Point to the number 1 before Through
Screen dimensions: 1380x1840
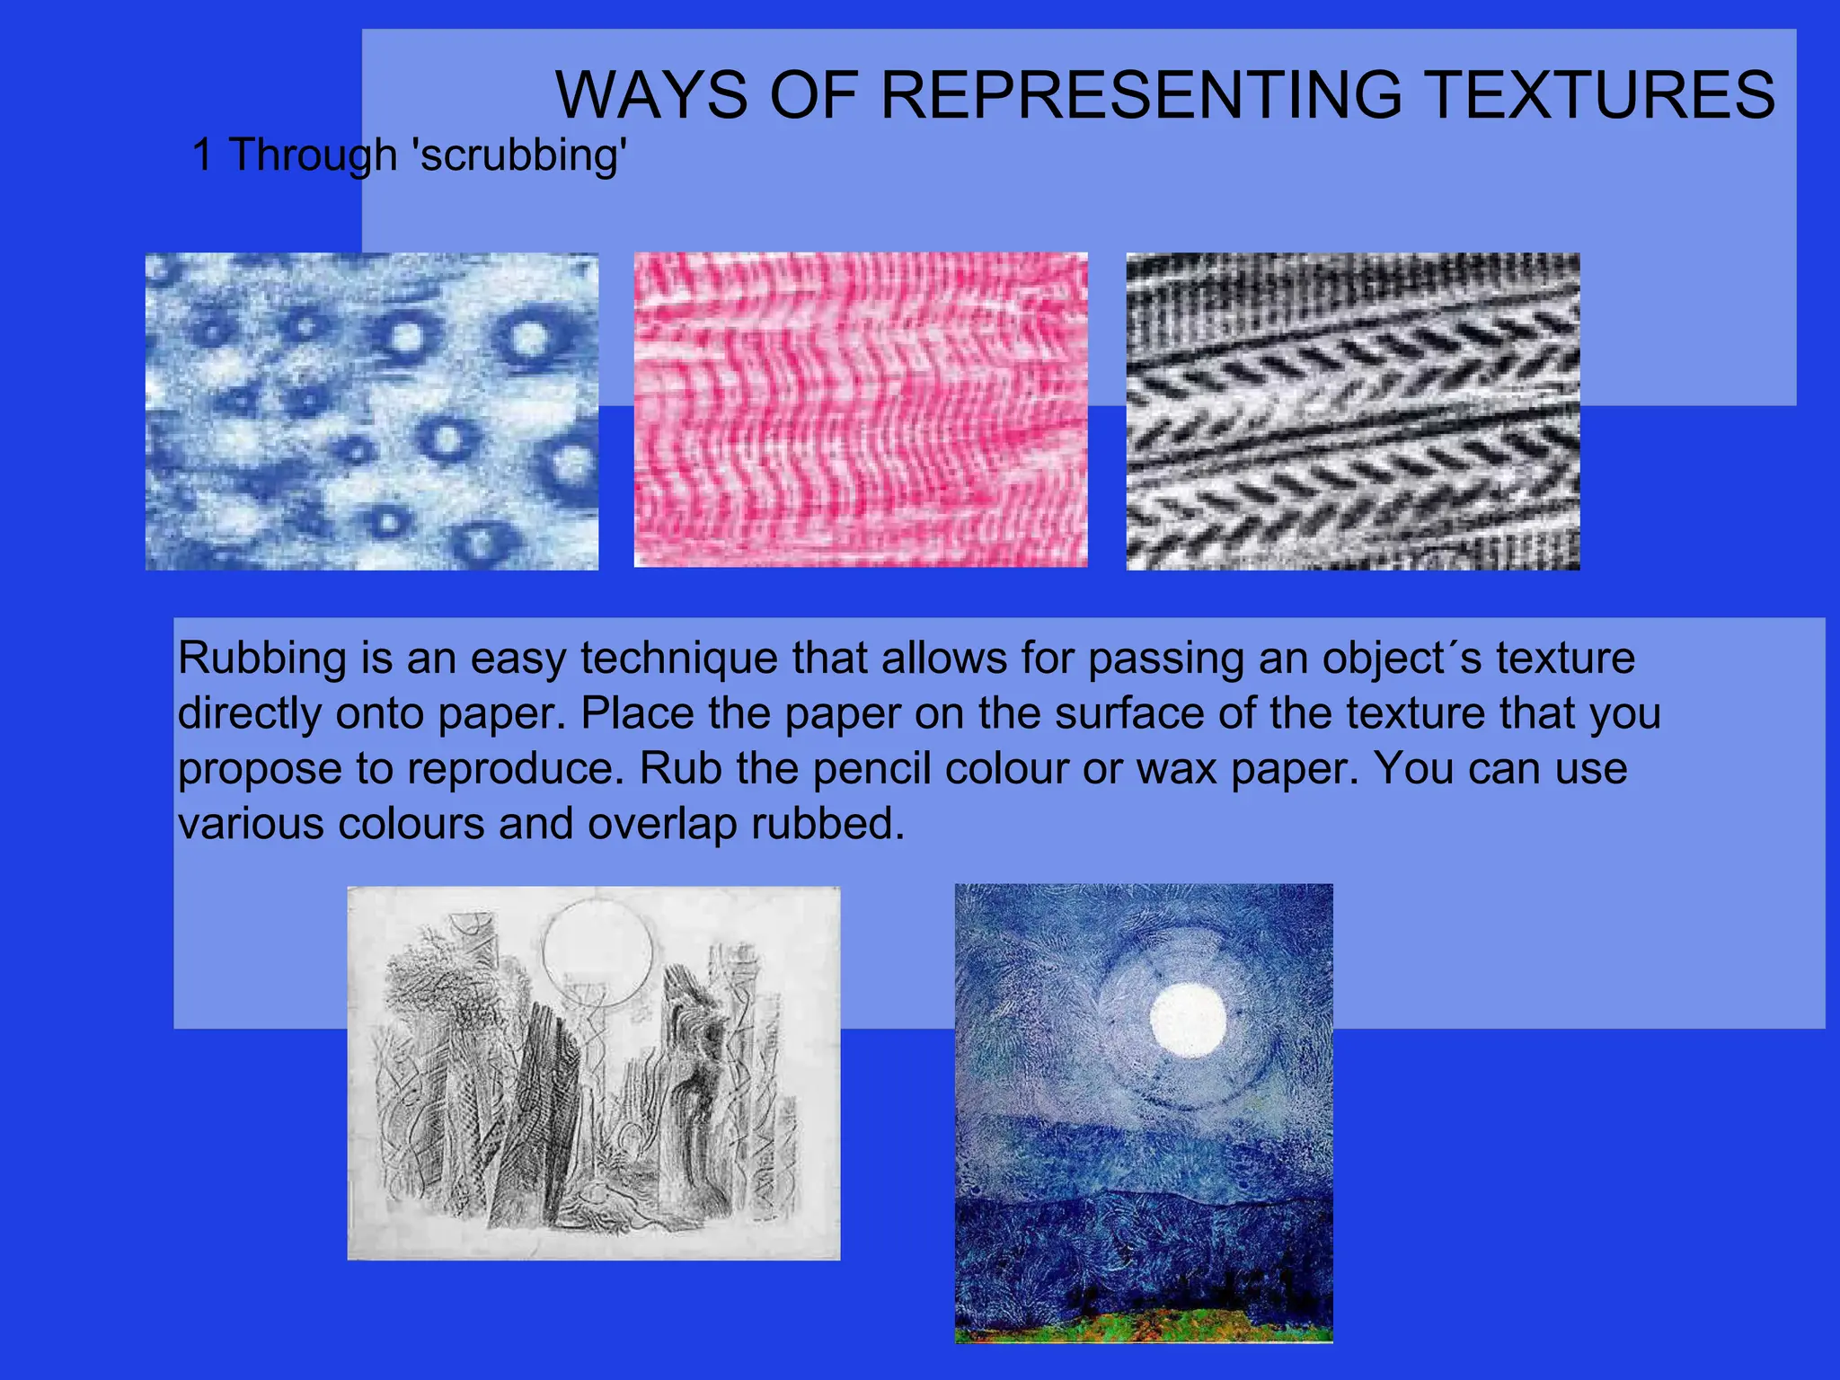click(x=203, y=155)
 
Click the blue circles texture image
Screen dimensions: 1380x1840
click(x=372, y=411)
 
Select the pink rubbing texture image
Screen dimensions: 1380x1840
click(x=861, y=410)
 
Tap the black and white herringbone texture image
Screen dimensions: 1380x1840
click(x=1353, y=411)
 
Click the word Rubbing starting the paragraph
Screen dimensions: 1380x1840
click(x=261, y=659)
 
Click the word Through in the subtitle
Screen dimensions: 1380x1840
click(x=313, y=155)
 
